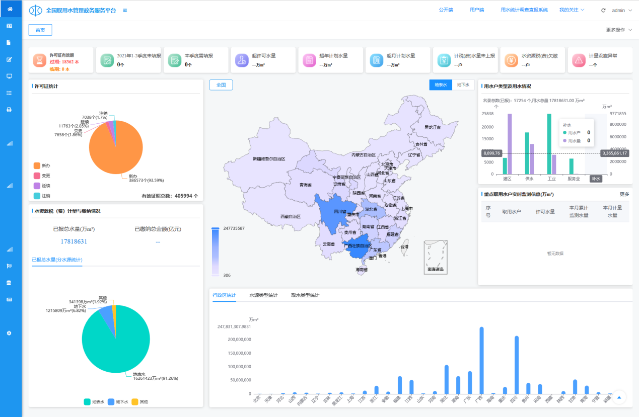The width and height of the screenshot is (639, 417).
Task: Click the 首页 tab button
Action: (x=40, y=30)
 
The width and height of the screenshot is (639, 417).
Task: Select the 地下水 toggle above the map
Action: (x=463, y=85)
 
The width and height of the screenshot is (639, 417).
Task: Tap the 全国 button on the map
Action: (x=221, y=85)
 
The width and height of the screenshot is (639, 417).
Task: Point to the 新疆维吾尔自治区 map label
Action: (x=269, y=159)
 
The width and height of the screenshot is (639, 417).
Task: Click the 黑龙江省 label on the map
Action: (x=433, y=127)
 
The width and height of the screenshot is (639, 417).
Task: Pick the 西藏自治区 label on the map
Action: (x=291, y=216)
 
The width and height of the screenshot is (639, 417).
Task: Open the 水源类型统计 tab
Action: (x=263, y=295)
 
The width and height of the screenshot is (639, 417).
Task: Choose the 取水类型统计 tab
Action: (x=305, y=295)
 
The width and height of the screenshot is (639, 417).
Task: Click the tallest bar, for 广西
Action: (x=481, y=360)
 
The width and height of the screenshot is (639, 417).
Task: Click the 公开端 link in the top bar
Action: (x=446, y=10)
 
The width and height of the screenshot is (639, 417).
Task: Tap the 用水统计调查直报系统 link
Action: (x=524, y=10)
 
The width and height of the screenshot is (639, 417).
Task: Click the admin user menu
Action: (x=618, y=11)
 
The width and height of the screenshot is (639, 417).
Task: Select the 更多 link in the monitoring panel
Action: (x=624, y=194)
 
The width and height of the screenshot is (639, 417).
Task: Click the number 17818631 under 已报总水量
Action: (x=74, y=241)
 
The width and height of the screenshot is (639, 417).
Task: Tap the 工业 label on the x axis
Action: (x=552, y=179)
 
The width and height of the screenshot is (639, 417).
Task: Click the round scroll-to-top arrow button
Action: (x=619, y=397)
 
